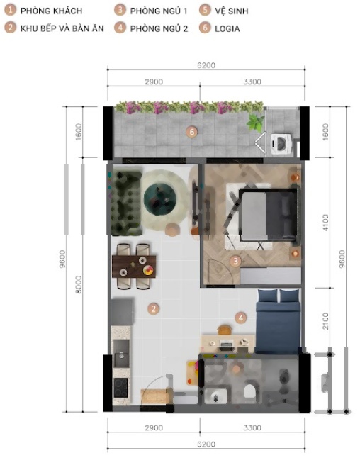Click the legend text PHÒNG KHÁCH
51,11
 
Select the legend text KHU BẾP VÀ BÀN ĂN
62,28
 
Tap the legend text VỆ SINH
232,11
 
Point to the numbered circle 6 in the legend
205,28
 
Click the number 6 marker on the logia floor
191,132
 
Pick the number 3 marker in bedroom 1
235,261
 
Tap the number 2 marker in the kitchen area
154,309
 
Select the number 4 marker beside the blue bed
241,318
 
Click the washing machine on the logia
281,144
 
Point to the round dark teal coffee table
159,198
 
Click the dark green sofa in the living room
125,203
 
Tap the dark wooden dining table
134,266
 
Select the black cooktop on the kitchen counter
120,388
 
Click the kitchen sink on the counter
121,354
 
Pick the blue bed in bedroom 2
278,321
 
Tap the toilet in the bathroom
249,391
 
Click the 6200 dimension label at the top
206,65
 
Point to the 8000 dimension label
78,284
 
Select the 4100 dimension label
325,223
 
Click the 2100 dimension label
325,321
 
